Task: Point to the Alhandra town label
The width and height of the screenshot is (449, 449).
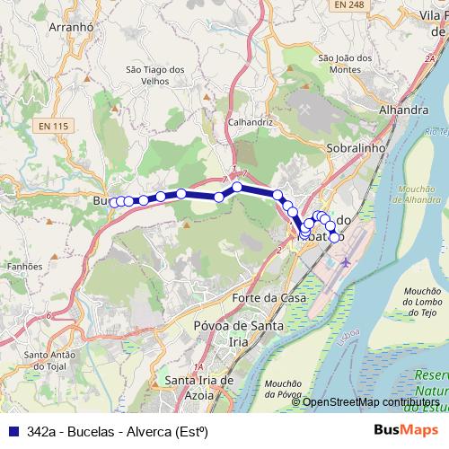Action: (379, 110)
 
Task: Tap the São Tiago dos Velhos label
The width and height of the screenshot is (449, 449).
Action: (155, 75)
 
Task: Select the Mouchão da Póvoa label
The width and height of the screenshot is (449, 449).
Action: (284, 388)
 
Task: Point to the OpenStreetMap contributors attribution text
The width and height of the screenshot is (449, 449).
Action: (372, 401)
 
